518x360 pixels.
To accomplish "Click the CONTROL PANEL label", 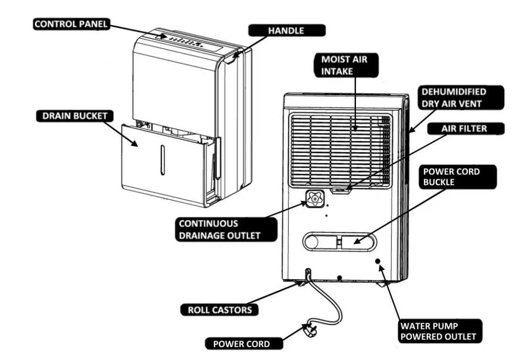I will (72, 24).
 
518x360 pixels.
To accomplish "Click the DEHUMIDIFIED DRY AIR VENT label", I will (454, 97).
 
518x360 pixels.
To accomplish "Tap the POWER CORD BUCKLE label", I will (451, 177).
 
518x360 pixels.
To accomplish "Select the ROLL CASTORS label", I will (219, 310).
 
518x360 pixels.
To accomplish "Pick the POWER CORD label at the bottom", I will (241, 344).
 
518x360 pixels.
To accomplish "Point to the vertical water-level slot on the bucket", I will (162, 160).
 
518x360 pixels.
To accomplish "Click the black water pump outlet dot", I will (378, 261).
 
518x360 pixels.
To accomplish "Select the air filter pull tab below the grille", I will (341, 190).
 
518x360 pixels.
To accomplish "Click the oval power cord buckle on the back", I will (339, 241).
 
